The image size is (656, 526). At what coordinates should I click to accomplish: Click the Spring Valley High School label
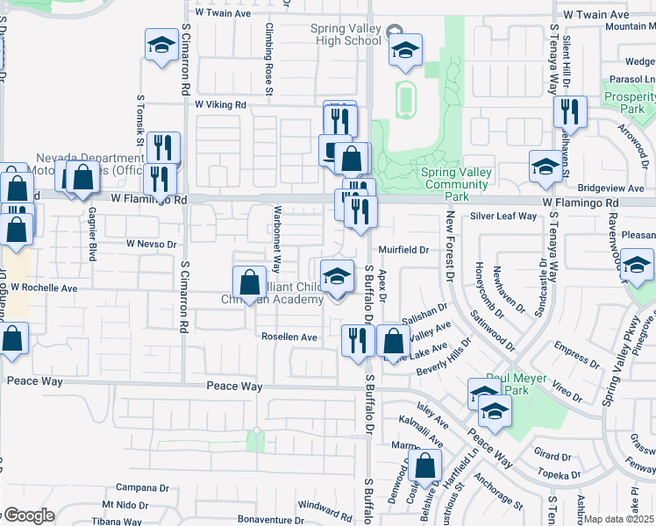click(346, 34)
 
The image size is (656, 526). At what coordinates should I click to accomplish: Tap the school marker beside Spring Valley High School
click(405, 51)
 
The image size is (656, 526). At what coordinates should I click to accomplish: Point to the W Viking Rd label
click(221, 104)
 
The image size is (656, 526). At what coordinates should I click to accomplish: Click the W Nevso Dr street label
click(152, 243)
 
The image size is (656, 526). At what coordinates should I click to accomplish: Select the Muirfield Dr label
click(403, 250)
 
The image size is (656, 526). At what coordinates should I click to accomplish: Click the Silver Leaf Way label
click(503, 216)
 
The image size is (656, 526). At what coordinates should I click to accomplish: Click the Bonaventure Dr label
click(257, 520)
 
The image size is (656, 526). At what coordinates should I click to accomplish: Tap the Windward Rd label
click(324, 506)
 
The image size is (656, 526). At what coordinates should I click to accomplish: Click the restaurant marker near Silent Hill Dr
click(570, 113)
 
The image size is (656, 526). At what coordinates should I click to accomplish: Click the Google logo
click(29, 516)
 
